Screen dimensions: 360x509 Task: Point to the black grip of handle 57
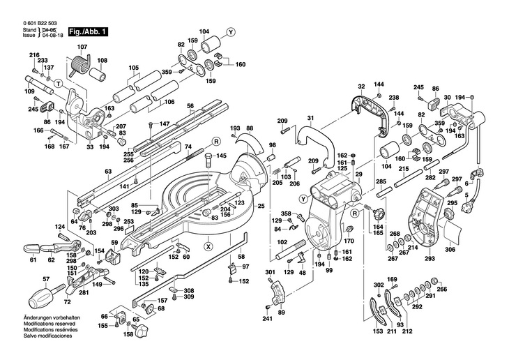click(x=40, y=298)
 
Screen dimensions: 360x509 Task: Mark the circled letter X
click(x=208, y=246)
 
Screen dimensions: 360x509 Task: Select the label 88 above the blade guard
click(x=249, y=128)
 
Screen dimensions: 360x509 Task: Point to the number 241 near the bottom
click(x=267, y=320)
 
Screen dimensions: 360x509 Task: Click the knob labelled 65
click(x=137, y=320)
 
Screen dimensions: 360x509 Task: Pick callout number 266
click(x=441, y=290)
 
